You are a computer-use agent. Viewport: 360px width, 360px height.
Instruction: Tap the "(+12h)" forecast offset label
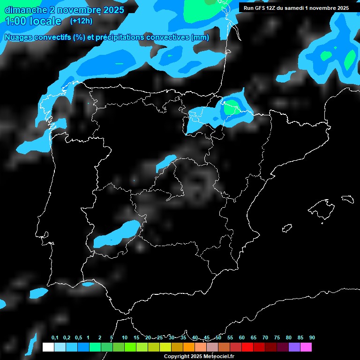pyautogui.click(x=81, y=21)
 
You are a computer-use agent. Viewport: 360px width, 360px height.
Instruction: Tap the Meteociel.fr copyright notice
pyautogui.click(x=199, y=356)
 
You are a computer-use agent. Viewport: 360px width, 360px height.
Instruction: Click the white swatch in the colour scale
pyautogui.click(x=48, y=347)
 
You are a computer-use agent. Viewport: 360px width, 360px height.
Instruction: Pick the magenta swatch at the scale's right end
pyautogui.click(x=306, y=347)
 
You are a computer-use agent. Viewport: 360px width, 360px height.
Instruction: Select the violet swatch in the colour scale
pyautogui.click(x=294, y=347)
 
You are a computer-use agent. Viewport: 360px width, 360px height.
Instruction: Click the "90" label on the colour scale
pyautogui.click(x=312, y=337)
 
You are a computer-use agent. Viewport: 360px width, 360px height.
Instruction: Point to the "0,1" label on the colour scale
pyautogui.click(x=54, y=337)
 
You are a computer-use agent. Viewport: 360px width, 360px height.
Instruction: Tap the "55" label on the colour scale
pyautogui.click(x=230, y=337)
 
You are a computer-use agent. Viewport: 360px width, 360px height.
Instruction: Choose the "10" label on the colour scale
pyautogui.click(x=124, y=337)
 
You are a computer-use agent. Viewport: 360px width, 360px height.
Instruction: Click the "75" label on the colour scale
pyautogui.click(x=277, y=337)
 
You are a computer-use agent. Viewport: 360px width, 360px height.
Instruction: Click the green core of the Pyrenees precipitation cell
pyautogui.click(x=230, y=109)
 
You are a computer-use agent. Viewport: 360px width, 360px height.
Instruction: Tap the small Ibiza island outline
pyautogui.click(x=287, y=228)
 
